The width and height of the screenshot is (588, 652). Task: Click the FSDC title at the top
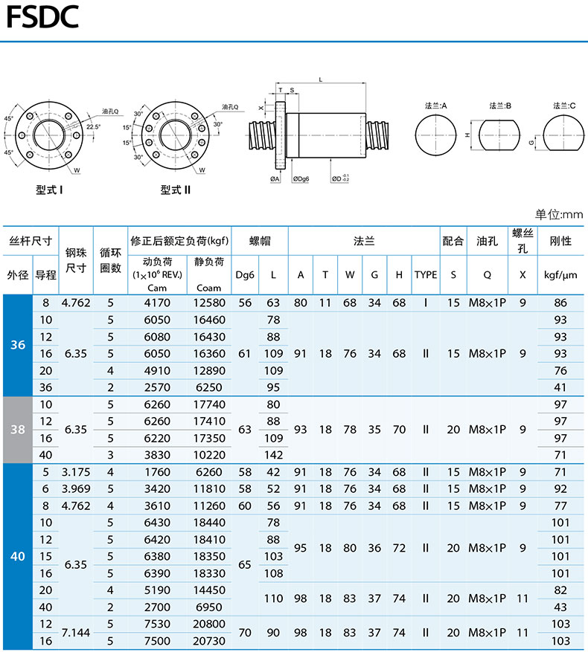point(42,17)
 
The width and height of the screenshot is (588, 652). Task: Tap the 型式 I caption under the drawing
point(49,190)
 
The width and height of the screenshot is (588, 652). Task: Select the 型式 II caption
point(176,190)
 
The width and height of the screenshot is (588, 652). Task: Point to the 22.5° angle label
point(93,127)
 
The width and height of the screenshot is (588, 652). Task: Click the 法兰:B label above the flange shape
point(499,106)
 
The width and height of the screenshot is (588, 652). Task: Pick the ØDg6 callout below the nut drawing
point(301,179)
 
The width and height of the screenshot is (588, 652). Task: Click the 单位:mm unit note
point(559,215)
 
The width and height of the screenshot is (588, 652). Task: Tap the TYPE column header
point(426,275)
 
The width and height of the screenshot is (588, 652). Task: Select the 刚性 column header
point(560,241)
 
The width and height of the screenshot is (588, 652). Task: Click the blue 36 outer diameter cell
point(18,345)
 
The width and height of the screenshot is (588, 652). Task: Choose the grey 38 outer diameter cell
point(18,430)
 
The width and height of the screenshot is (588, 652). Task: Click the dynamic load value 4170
point(157,303)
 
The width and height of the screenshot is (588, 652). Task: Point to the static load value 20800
point(209,624)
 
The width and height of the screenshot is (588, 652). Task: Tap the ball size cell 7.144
point(76,633)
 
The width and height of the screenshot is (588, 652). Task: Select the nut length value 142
point(273,455)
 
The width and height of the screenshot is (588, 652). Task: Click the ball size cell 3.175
point(76,472)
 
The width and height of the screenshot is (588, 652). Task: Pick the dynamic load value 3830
point(157,455)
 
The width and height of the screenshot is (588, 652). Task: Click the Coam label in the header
point(208,288)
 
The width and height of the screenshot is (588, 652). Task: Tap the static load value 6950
point(209,607)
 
